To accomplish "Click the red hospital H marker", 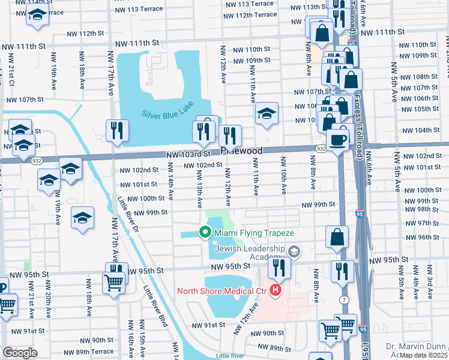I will [x=276, y=292].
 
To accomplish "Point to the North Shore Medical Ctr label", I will [x=221, y=292].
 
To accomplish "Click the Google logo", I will [x=20, y=352].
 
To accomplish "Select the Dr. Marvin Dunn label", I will [x=415, y=346].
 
